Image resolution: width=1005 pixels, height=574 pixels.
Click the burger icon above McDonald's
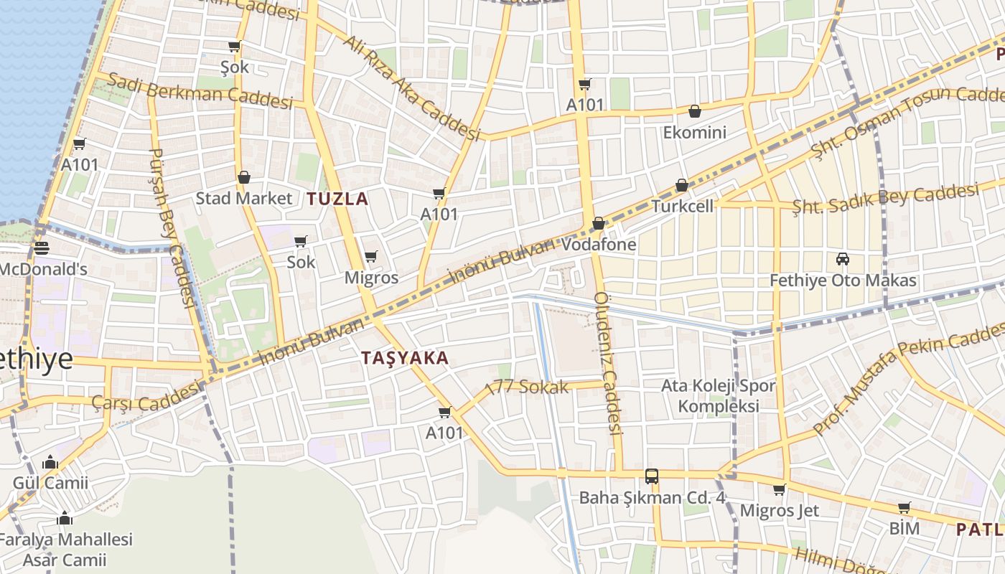tap(42, 248)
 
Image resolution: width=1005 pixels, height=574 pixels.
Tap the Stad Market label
tap(244, 199)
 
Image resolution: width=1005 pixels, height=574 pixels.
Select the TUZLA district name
tap(337, 199)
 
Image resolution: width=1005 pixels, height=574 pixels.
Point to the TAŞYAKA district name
tap(405, 358)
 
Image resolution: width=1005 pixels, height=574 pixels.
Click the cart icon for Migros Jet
tap(779, 490)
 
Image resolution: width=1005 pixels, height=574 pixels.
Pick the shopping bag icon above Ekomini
tap(694, 111)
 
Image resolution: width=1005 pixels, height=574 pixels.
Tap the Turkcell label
tap(683, 207)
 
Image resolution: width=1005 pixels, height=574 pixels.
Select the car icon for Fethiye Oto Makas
tap(843, 259)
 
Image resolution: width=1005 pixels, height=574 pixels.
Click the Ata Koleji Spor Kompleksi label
tap(719, 396)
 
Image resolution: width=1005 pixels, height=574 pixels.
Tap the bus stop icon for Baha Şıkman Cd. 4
tap(652, 476)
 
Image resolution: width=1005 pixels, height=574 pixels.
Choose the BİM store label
tap(904, 529)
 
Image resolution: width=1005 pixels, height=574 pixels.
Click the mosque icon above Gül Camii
tap(50, 463)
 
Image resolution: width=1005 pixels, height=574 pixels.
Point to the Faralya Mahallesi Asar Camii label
tap(65, 550)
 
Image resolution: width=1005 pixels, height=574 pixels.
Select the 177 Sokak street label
tap(527, 387)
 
